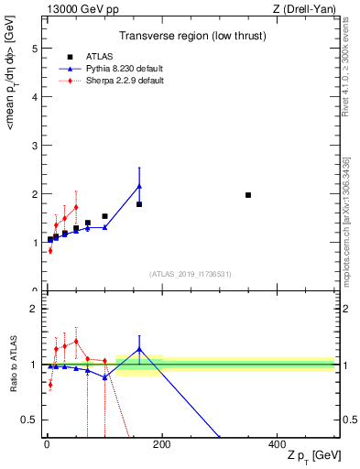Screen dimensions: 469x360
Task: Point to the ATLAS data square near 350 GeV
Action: coord(248,195)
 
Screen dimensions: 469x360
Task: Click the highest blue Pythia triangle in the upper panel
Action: coord(139,186)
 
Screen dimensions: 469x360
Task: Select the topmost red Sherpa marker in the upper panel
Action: coord(76,207)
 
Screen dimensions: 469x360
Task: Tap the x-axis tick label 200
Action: coord(161,443)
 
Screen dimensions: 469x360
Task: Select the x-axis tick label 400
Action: coord(277,443)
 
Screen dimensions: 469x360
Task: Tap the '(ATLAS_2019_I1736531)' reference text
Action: coord(190,274)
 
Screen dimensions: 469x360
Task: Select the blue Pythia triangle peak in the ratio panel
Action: coord(139,349)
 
